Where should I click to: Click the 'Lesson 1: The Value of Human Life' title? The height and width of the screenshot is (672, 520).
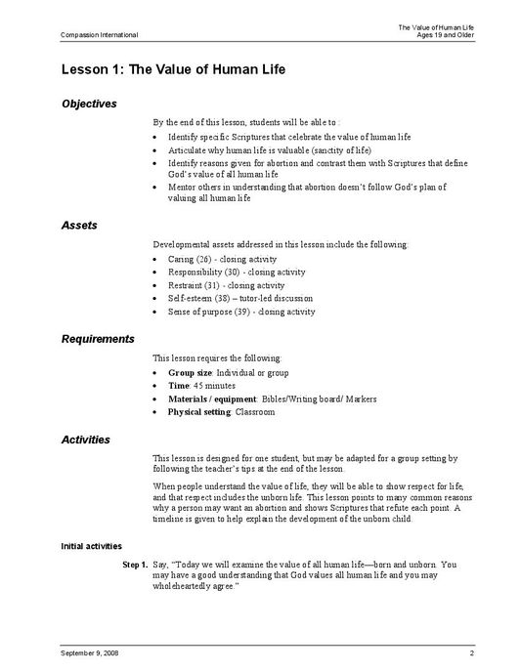[172, 70]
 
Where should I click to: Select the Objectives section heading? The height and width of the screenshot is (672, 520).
[89, 104]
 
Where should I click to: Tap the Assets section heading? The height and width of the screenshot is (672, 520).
[79, 225]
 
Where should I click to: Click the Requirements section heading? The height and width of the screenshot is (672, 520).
[98, 339]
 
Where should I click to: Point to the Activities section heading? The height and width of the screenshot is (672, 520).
[86, 440]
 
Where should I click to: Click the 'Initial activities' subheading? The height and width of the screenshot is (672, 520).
[91, 545]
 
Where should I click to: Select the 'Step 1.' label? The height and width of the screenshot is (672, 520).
[135, 565]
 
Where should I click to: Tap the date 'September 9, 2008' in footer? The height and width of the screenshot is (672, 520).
[91, 651]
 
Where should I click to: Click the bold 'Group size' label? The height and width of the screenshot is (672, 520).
[190, 373]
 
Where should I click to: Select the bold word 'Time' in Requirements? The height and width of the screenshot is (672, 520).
[178, 386]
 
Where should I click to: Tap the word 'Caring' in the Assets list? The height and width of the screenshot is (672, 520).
[181, 259]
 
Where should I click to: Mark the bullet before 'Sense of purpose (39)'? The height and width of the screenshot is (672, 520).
[158, 312]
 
